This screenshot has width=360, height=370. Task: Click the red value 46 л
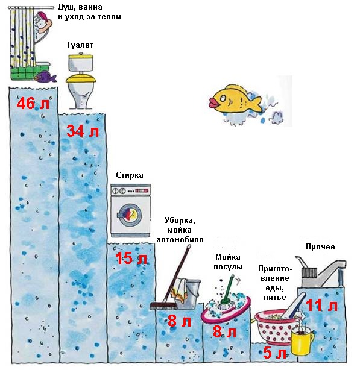pos(33,103)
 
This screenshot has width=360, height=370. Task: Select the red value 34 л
pos(83,131)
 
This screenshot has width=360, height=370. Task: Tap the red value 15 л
pos(131,258)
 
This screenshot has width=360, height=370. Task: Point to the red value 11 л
pos(321,306)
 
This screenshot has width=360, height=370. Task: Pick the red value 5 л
pos(274,353)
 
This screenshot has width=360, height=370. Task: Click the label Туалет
pos(80,45)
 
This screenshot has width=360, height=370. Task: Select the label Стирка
pos(130,175)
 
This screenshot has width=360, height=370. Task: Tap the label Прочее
pos(320,247)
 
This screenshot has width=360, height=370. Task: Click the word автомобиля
pos(180,240)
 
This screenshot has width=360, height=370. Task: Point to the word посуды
pos(228,267)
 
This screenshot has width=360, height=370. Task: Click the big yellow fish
pos(235,99)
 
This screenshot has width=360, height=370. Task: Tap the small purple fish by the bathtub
pos(45,76)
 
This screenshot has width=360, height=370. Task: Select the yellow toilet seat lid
pos(81,78)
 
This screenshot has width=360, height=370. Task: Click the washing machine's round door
pos(129,213)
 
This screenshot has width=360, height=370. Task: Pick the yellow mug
pos(302,339)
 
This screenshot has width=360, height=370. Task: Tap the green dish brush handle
pos(227,289)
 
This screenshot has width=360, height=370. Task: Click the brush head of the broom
pos(163,306)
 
